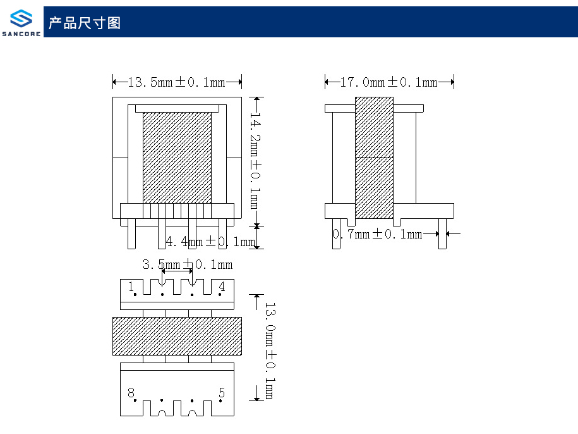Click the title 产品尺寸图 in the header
(85, 23)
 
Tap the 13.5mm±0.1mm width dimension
(177, 82)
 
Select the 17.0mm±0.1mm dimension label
(389, 82)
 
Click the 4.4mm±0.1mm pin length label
(210, 242)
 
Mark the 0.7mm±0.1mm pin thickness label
(378, 235)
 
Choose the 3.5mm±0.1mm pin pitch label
(188, 264)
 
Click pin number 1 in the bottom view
(131, 287)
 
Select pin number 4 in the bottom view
(222, 287)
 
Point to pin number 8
(131, 393)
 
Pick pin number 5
(222, 393)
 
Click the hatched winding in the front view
(177, 158)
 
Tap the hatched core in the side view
(374, 158)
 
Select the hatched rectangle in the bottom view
(177, 336)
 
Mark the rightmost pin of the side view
(442, 233)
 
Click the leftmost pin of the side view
(336, 233)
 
